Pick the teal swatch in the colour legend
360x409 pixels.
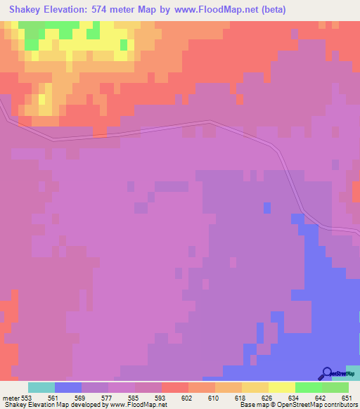(x=41, y=388)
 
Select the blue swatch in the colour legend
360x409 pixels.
(x=68, y=388)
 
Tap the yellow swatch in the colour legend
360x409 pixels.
(x=281, y=388)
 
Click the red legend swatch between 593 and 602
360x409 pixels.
(x=174, y=388)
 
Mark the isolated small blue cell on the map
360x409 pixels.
(x=267, y=207)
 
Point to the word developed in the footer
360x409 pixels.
(x=85, y=405)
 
